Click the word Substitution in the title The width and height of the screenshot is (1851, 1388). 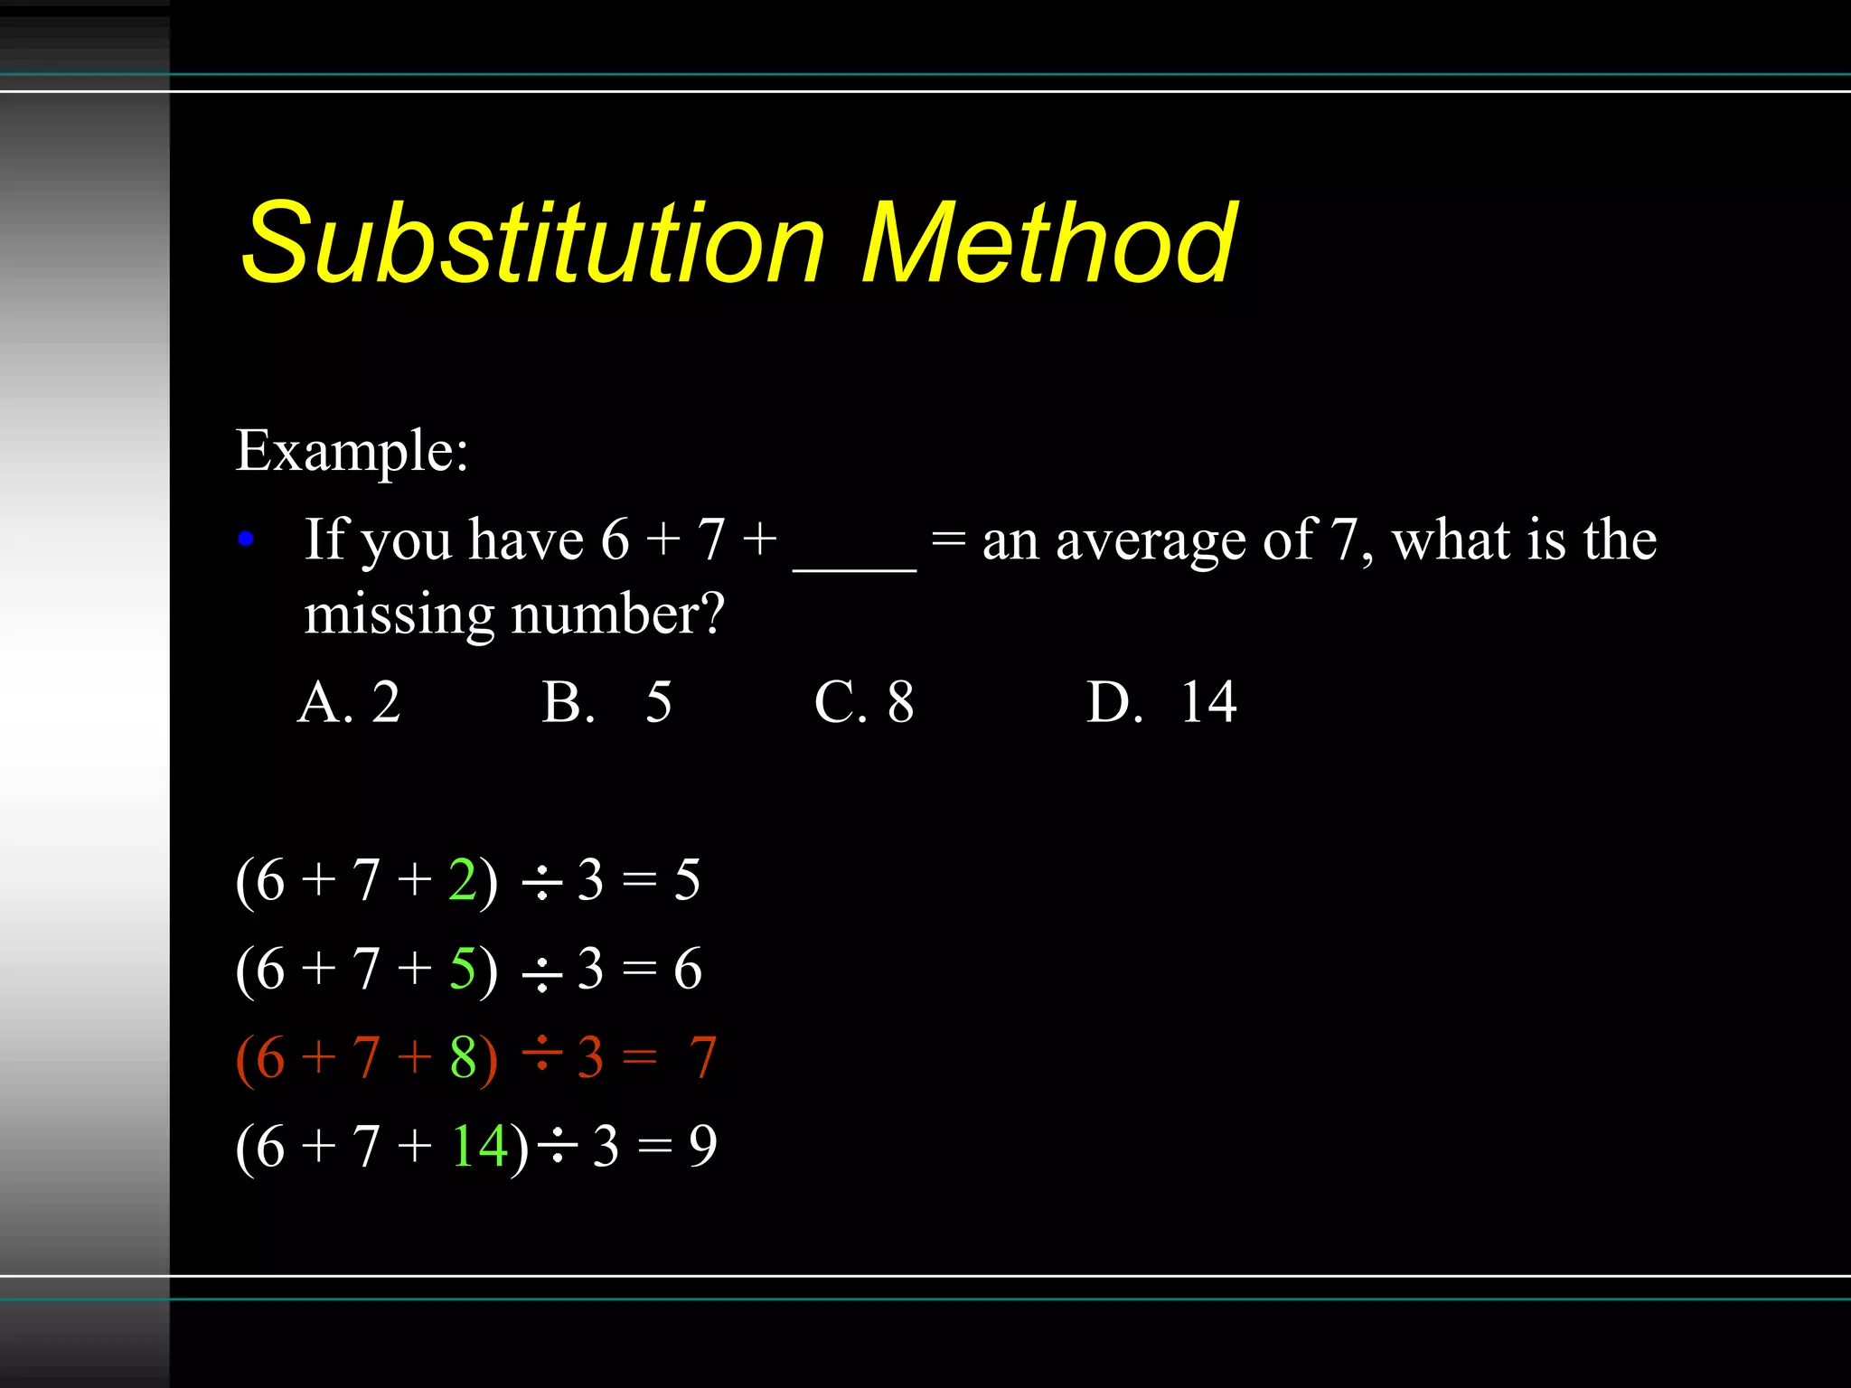[x=533, y=242]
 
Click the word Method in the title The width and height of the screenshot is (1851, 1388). [x=1048, y=242]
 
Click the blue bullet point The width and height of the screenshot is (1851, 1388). [x=245, y=540]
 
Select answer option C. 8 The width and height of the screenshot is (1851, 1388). [x=864, y=702]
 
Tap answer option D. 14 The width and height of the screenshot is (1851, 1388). [x=1161, y=702]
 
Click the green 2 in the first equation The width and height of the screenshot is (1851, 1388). [x=463, y=879]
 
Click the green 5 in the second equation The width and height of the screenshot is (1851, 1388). [x=463, y=969]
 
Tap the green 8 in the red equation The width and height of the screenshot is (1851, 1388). [x=464, y=1057]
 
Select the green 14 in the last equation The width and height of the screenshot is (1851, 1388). [x=479, y=1146]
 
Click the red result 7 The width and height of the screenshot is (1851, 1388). [x=703, y=1057]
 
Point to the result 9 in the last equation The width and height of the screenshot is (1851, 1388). [x=703, y=1146]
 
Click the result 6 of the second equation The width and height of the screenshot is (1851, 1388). [x=688, y=969]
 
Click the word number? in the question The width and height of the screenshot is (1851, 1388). [x=618, y=614]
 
